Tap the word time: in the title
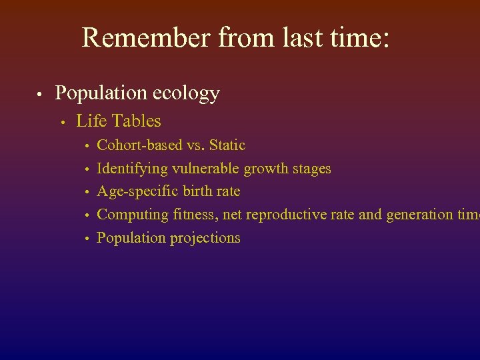click(x=361, y=38)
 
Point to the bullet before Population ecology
click(x=41, y=94)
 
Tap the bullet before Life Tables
click(x=62, y=122)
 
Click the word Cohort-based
click(x=137, y=145)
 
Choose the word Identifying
click(x=133, y=169)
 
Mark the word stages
click(x=311, y=169)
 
